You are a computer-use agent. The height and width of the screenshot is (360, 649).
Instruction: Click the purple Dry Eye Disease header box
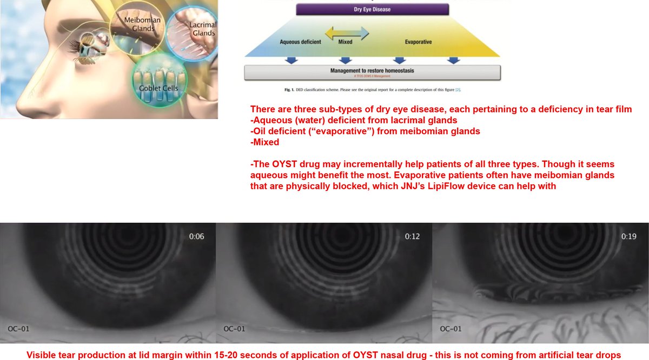point(372,9)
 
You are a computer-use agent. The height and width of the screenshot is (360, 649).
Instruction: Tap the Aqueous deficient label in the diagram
point(301,42)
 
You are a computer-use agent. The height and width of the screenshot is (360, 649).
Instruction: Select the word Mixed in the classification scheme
point(346,42)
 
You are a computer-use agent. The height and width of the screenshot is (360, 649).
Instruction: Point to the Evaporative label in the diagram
point(418,42)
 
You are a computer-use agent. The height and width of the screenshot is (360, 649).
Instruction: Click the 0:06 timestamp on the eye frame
point(196,236)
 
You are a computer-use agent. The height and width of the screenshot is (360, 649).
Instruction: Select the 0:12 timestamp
point(413,236)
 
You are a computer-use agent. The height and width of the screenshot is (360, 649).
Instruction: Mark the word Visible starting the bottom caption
point(44,355)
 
